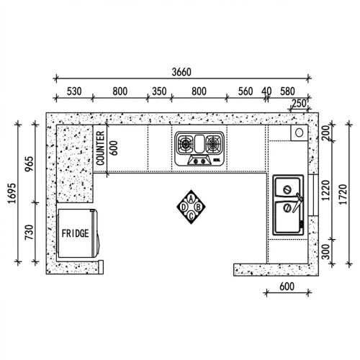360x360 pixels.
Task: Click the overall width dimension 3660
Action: [181, 72]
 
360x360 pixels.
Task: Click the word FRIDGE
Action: [76, 234]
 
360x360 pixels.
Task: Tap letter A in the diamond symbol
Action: [191, 198]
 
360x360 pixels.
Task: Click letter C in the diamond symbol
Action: [191, 214]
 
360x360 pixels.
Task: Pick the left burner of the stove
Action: [186, 145]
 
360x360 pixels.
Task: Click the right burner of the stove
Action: [212, 145]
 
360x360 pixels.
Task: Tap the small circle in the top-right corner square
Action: [297, 133]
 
